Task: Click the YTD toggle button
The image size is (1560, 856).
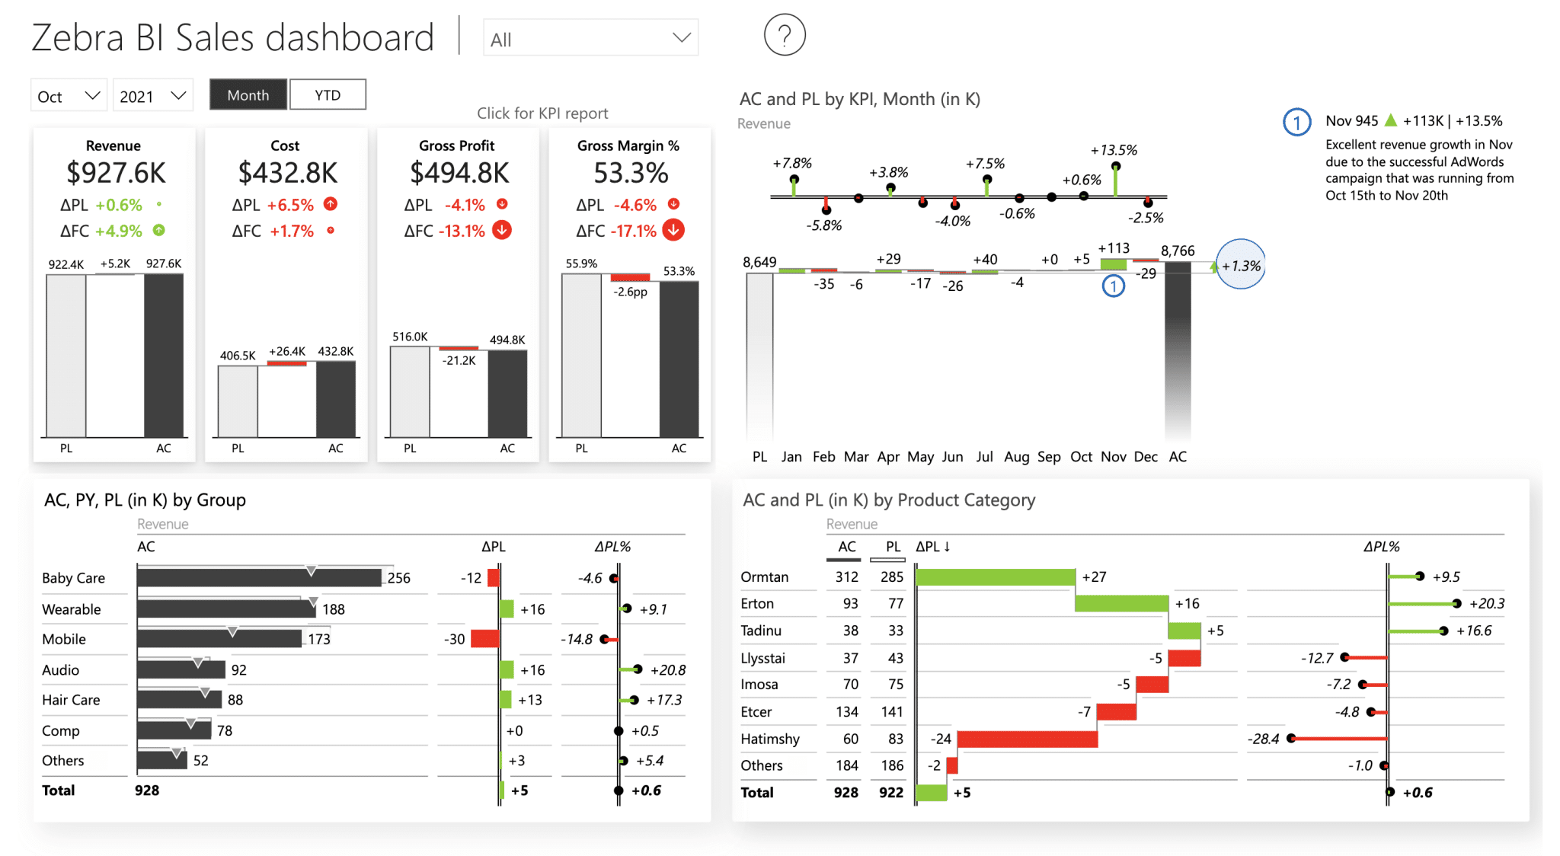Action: (328, 95)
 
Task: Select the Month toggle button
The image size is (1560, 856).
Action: (248, 95)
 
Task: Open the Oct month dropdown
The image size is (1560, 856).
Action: (69, 96)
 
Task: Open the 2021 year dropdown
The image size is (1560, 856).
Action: (152, 96)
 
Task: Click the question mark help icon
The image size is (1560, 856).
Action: (785, 35)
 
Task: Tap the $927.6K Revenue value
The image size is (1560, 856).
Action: (116, 173)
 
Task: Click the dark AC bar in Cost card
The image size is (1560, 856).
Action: (336, 399)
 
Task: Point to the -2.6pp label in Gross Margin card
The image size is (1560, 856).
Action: (631, 292)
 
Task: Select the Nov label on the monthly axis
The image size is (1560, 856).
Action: (1113, 456)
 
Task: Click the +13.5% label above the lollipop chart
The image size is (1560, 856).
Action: (1114, 150)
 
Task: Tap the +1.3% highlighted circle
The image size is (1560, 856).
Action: (1241, 265)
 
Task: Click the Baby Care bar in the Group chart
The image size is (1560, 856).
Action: (259, 578)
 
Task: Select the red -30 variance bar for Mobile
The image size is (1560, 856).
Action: (484, 639)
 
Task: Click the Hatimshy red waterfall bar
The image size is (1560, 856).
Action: (1027, 739)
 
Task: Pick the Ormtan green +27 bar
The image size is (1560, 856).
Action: (995, 577)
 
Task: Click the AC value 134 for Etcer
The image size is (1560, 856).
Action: (846, 711)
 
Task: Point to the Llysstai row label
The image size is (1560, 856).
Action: (762, 658)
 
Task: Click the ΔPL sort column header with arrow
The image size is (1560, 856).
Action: (932, 546)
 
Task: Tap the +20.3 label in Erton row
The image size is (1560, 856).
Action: (1486, 603)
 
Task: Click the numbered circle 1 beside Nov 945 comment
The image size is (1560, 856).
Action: (1296, 122)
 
